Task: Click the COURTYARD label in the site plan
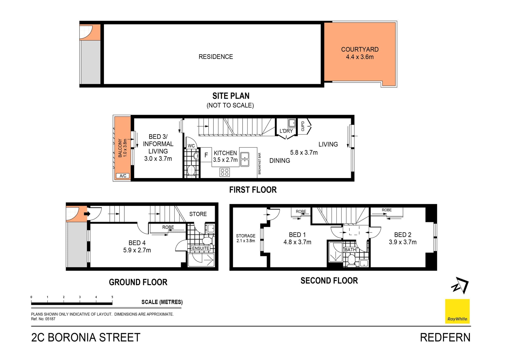pos(359,50)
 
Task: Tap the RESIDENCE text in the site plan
pos(216,57)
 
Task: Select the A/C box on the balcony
pos(123,176)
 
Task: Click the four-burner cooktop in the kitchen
pos(225,172)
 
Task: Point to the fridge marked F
pos(206,155)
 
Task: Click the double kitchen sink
pos(244,159)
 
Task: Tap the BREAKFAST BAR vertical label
pos(260,163)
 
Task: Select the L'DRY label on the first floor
pos(286,131)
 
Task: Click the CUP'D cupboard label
pos(303,126)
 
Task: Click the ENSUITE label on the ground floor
pos(200,248)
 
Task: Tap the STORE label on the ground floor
pos(198,214)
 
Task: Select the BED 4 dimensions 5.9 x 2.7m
pos(137,250)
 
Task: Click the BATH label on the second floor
pos(350,250)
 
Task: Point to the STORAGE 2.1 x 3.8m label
pos(245,238)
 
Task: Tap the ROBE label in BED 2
pos(387,210)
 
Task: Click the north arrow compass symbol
pos(460,285)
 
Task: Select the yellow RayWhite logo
pos(457,311)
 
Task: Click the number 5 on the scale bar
pos(112,297)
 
